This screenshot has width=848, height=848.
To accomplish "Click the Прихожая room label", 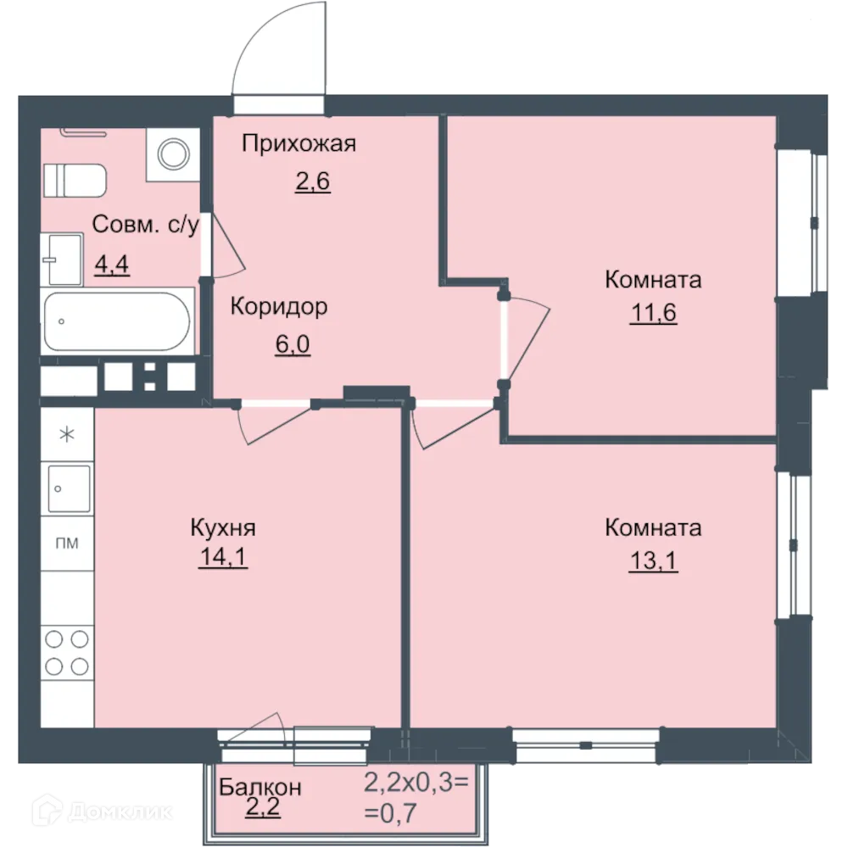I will pos(298,143).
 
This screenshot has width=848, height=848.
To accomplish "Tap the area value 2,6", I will pos(312,181).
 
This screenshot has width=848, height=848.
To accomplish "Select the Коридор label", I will pos(279,306).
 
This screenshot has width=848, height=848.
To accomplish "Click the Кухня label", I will pos(223,528).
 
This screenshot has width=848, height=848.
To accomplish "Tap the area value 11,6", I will pos(653,314).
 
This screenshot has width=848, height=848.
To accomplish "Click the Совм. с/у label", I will pos(145,226).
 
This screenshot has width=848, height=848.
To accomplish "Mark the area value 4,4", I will pos(111,265).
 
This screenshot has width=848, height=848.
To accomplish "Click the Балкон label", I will pos(259,787).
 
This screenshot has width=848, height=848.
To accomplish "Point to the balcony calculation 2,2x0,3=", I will pos(416,781).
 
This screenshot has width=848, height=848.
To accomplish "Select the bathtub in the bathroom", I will pos(118,322).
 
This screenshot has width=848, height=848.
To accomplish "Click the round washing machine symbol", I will pos(173,153).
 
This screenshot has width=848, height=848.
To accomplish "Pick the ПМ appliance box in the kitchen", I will pos(67,544).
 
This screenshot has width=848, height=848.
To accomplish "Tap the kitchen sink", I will pos(68,488).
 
